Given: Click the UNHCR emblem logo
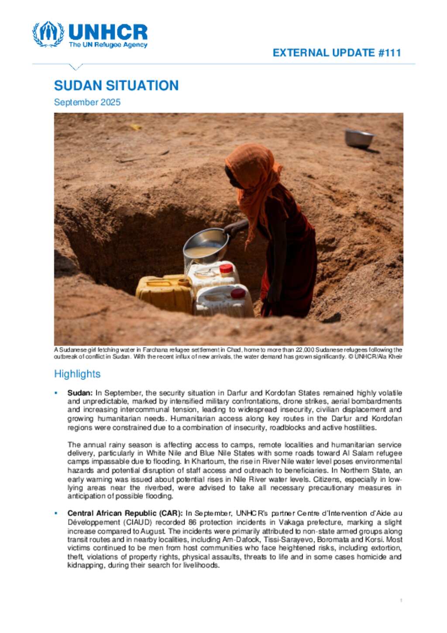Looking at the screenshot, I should click(48, 34).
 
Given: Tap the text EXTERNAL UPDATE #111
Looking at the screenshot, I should click(337, 53).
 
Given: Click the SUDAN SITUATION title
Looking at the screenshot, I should click(116, 85).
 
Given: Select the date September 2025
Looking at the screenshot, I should click(87, 102).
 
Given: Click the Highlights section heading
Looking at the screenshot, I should click(77, 374).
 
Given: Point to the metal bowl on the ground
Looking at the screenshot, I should click(359, 138).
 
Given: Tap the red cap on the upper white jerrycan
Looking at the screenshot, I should click(226, 268).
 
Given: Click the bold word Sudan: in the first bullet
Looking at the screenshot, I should click(79, 393).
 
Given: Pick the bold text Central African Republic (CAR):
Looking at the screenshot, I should click(125, 513).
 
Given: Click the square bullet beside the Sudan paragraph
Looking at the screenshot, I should click(56, 393).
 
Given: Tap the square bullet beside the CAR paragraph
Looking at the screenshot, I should click(56, 513).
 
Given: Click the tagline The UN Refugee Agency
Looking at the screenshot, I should click(108, 45).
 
